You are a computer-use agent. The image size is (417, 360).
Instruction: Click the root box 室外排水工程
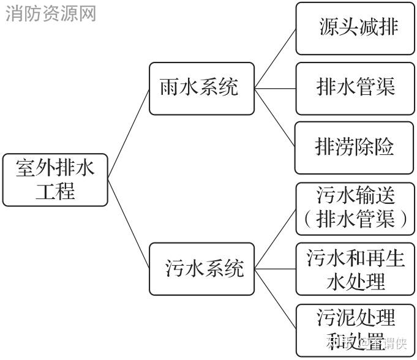(x=55, y=179)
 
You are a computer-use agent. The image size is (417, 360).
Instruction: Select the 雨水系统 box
(x=201, y=89)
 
